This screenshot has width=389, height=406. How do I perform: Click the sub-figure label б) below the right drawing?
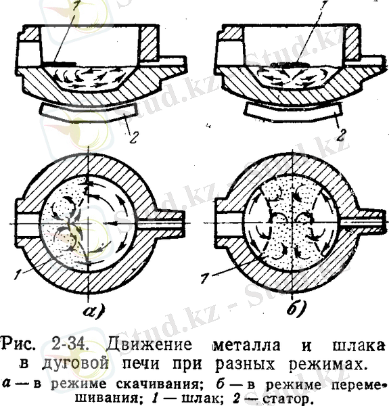(x=296, y=308)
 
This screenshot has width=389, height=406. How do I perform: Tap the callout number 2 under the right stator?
(x=342, y=135)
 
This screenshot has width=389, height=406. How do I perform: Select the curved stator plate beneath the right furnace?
(x=294, y=112)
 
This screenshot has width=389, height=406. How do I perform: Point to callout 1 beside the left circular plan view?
(x=18, y=275)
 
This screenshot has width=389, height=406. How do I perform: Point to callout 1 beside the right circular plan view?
(x=204, y=277)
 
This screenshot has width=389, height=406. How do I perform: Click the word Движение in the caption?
(x=150, y=344)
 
